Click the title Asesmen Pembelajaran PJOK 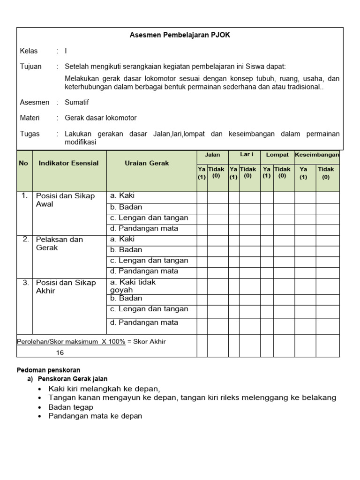pyautogui.click(x=180, y=35)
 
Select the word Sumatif pyautogui.click(x=76, y=102)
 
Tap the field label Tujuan pyautogui.click(x=30, y=67)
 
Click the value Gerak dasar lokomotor pyautogui.click(x=100, y=118)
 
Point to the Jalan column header pyautogui.click(x=212, y=155)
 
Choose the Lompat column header pyautogui.click(x=277, y=155)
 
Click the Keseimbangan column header pyautogui.click(x=317, y=155)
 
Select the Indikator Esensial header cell pyautogui.click(x=68, y=163)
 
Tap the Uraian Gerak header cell pyautogui.click(x=147, y=163)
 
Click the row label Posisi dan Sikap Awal pyautogui.click(x=65, y=200)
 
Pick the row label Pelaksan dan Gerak pyautogui.click(x=59, y=243)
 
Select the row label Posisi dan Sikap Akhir pyautogui.click(x=65, y=286)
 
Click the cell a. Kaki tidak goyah pyautogui.click(x=133, y=286)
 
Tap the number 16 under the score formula pyautogui.click(x=60, y=352)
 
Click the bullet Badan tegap pyautogui.click(x=70, y=407)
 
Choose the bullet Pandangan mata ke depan pyautogui.click(x=95, y=416)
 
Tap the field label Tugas pyautogui.click(x=30, y=134)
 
